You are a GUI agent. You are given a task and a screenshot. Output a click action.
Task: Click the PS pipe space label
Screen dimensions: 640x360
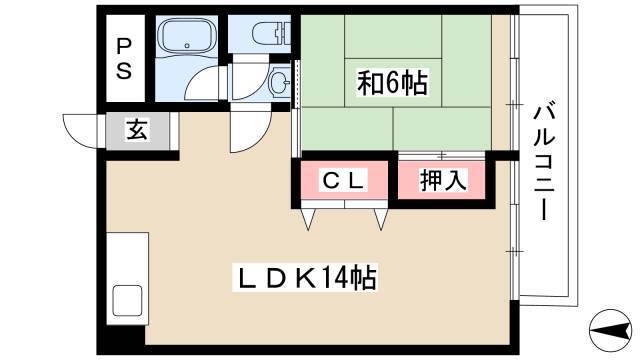click(x=124, y=58)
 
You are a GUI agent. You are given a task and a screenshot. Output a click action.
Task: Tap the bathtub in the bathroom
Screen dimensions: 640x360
click(x=187, y=38)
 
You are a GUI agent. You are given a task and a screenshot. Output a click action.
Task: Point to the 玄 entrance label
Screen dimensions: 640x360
click(x=137, y=130)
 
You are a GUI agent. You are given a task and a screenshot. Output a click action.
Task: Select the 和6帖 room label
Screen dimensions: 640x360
click(x=392, y=83)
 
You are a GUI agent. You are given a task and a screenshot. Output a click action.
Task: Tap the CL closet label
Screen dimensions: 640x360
click(x=343, y=180)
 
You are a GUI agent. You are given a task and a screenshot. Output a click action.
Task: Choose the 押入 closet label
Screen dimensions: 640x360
click(x=443, y=180)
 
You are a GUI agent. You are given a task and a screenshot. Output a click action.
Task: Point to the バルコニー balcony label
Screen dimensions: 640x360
click(x=544, y=162)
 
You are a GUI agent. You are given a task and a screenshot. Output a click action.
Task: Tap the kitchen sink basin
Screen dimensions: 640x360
click(x=127, y=300)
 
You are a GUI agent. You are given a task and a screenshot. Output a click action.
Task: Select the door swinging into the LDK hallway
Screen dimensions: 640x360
click(x=250, y=131)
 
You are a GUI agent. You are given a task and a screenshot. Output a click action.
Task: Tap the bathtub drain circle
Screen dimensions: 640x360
click(x=187, y=46)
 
